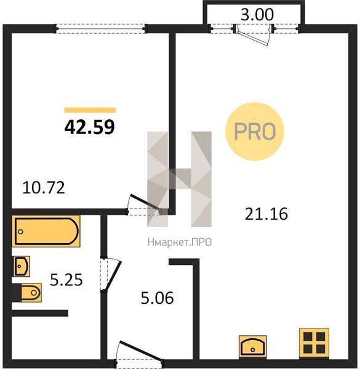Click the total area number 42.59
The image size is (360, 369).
pos(89,127)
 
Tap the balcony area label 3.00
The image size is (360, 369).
pos(257,14)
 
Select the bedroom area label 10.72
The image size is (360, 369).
pos(44,188)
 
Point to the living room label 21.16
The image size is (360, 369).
pos(266,214)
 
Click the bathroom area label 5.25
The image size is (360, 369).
pos(66,280)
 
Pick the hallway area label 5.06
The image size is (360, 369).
pos(157,298)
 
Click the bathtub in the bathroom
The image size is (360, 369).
pos(46,231)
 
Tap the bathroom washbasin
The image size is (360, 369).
pos(21,266)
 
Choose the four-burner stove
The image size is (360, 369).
pos(314,343)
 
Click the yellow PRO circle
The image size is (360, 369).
pos(255,132)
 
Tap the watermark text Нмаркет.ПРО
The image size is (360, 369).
pos(180,242)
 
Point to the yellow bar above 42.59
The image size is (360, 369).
pos(90,110)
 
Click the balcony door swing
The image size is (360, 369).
pos(254,36)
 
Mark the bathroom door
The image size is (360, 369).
pos(110,275)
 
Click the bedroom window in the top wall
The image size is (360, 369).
pos(101,29)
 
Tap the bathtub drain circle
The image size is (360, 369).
pos(20,232)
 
